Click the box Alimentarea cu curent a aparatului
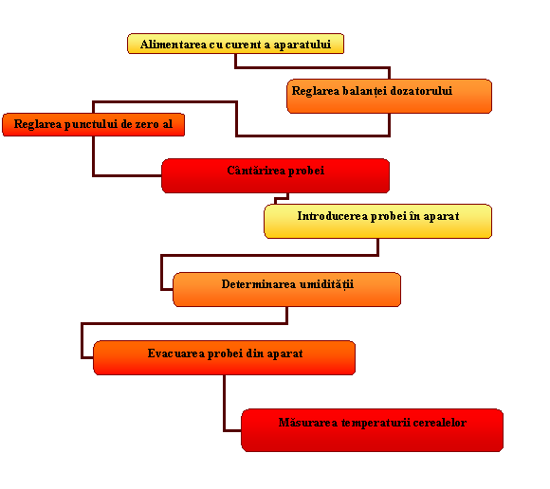[235, 44]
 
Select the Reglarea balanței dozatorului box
[390, 96]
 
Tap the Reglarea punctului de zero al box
[93, 124]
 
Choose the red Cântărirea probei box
[275, 175]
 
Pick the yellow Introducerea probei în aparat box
[377, 221]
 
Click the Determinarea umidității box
[287, 290]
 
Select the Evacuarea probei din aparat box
[224, 357]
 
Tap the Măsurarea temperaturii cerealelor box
[372, 430]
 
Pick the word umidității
[326, 284]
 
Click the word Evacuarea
[176, 353]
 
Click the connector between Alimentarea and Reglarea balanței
[312, 67]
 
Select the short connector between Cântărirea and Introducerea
[282, 199]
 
